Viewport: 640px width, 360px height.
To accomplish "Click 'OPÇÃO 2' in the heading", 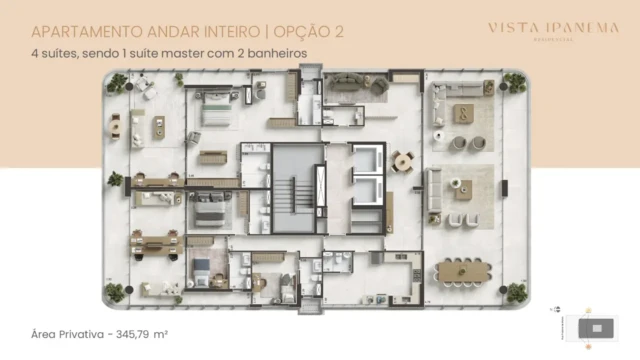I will coord(305,30).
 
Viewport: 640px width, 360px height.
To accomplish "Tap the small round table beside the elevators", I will coord(402,160).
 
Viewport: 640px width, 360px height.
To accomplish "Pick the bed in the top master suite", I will coord(216,112).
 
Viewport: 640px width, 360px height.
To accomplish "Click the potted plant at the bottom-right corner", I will coord(516,293).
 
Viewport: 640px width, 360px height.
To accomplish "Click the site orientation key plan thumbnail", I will coord(596,326).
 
